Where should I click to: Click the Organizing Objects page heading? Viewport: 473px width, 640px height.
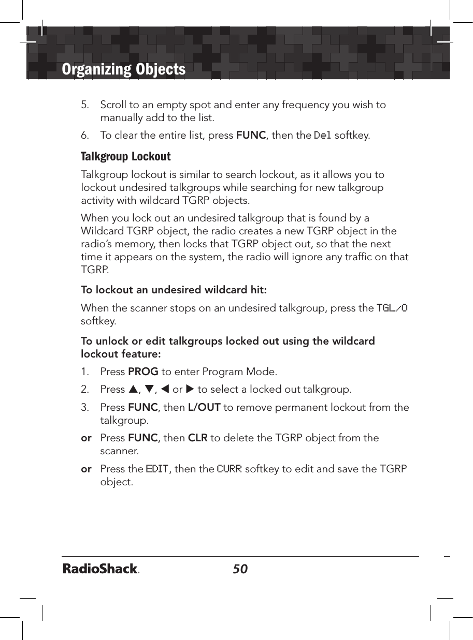pos(123,69)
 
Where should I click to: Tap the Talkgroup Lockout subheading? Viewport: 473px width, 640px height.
pos(126,156)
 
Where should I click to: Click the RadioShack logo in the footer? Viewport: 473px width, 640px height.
pos(101,569)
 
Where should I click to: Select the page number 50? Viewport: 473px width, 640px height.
pos(240,569)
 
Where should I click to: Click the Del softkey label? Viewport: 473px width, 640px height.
pos(323,136)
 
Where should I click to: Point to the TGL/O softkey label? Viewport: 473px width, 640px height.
pos(392,308)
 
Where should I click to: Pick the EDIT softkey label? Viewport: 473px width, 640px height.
pos(157,469)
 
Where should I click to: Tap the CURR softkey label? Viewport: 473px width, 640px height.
pos(229,469)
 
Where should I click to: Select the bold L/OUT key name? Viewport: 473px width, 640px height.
pos(204,408)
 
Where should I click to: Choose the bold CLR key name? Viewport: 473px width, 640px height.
pos(197,438)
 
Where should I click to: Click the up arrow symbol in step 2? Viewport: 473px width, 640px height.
pos(134,389)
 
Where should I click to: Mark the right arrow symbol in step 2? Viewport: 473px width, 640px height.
pos(190,389)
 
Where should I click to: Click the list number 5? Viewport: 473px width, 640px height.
pos(84,105)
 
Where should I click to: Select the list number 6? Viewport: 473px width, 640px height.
pos(84,136)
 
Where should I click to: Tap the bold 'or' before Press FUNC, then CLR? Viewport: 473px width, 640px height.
pos(86,438)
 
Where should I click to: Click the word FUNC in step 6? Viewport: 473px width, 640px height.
pos(251,136)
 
